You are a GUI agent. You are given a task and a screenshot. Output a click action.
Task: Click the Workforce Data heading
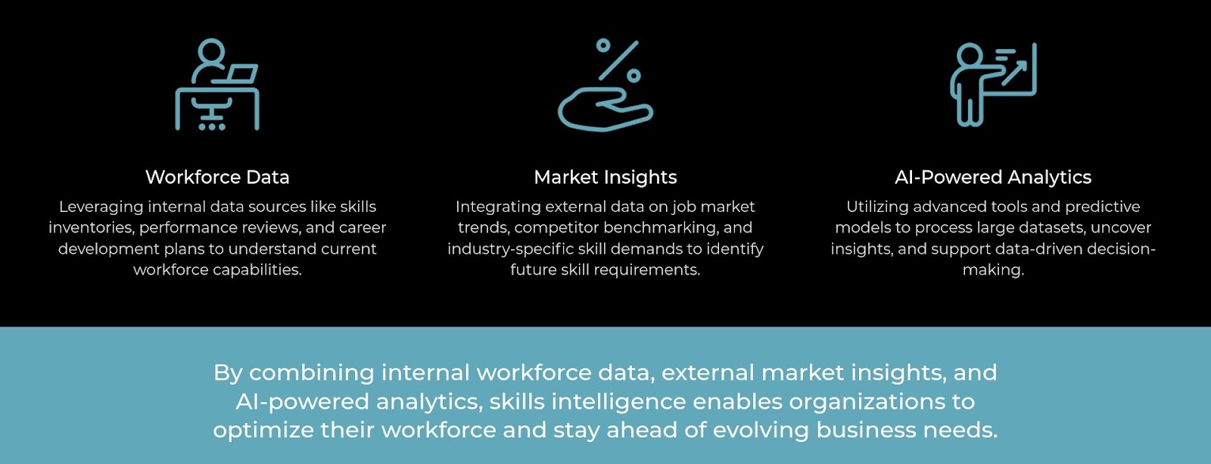[x=217, y=177]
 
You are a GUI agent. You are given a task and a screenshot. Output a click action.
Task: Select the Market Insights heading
[x=605, y=177]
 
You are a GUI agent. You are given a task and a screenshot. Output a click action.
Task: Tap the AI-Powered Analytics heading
[x=993, y=177]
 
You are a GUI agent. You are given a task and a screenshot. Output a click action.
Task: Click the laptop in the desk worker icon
[x=241, y=74]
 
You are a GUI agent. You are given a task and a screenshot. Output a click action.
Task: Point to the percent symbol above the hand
[x=618, y=60]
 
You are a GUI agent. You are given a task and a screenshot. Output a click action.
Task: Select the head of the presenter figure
[x=969, y=55]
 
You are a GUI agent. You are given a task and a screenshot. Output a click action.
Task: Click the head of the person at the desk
[x=211, y=51]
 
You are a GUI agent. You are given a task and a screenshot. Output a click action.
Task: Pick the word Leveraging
[x=101, y=207]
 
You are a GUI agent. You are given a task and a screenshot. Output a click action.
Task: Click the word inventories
[x=90, y=227]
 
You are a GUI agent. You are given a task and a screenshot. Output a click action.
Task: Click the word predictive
[x=1102, y=207]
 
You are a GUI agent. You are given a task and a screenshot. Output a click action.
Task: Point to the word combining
[x=312, y=373]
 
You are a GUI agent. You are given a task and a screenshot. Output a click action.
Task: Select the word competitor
[x=557, y=227]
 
